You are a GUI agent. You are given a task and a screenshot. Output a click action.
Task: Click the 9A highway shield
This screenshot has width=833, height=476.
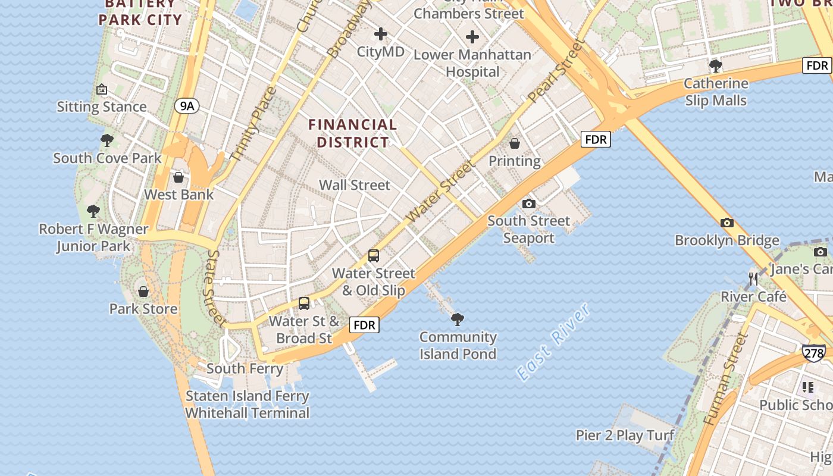tap(187, 107)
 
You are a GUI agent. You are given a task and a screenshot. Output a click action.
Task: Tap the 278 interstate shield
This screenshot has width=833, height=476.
tap(813, 353)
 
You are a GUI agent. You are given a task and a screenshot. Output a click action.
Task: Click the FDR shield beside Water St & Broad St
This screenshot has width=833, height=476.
tap(364, 325)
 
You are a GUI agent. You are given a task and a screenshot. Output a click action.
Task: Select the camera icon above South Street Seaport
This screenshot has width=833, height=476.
tap(528, 204)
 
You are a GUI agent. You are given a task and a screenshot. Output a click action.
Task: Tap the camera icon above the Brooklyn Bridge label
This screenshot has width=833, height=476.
tap(726, 223)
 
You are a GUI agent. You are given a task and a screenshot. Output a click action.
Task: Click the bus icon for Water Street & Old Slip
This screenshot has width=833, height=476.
tap(374, 256)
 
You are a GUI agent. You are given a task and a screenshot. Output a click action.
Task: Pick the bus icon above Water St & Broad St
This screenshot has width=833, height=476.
tap(304, 303)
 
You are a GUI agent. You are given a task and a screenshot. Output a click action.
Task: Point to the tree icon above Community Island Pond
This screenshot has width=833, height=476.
tap(458, 320)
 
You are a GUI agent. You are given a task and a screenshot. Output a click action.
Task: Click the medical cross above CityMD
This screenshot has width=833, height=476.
tap(381, 34)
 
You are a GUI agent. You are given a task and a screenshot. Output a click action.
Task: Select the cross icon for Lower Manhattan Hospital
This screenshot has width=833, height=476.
tap(472, 37)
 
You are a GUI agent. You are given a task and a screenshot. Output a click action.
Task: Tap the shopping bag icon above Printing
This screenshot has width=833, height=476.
tap(515, 143)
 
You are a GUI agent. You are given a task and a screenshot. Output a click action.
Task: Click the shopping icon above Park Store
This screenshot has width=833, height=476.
tap(143, 292)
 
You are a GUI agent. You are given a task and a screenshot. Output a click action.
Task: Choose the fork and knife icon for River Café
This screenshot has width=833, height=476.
tap(753, 278)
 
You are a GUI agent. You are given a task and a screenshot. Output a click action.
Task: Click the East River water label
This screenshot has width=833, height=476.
tap(553, 342)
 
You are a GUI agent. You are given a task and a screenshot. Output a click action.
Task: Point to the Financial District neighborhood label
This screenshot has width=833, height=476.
tap(353, 133)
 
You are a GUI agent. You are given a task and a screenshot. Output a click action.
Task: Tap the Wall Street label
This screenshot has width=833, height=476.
tap(355, 185)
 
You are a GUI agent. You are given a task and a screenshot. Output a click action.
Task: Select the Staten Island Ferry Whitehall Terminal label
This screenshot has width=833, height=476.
tap(247, 405)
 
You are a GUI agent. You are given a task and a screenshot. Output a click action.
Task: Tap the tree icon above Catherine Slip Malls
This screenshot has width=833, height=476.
tap(716, 65)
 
